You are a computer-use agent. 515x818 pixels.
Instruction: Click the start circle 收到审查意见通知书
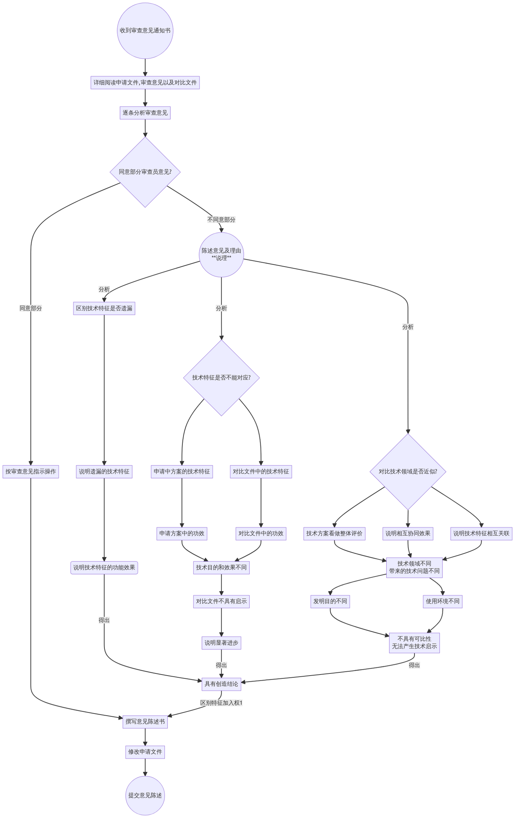coord(145,31)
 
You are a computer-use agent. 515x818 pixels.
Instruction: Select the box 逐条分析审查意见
coord(145,113)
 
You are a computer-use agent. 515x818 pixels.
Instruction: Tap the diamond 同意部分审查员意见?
coord(145,172)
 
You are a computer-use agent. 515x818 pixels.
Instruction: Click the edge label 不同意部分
coord(221,220)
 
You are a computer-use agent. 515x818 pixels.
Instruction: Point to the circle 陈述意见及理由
coord(221,255)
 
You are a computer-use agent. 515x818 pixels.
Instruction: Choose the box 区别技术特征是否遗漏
coord(104,308)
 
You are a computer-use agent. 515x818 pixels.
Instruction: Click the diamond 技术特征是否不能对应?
coord(221,378)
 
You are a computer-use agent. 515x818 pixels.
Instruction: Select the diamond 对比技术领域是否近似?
coord(408,472)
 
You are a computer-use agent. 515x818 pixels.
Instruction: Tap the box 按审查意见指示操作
coord(31,472)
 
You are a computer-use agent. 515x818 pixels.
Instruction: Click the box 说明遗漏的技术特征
coord(104,472)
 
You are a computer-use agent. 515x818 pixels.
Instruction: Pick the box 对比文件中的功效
coord(261,534)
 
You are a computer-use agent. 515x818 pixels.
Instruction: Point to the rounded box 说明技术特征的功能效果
coord(104,568)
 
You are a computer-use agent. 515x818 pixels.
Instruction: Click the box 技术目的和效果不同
coord(221,568)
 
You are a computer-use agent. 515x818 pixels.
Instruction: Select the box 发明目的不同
coord(330,602)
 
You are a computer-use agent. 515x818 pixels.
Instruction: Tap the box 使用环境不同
coord(443,602)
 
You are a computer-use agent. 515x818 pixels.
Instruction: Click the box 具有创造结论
coord(221,684)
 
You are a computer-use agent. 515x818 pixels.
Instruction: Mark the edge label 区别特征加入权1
coord(221,703)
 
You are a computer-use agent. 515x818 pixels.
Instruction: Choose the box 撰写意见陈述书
coord(145,722)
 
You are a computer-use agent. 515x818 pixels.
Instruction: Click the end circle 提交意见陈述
coord(145,795)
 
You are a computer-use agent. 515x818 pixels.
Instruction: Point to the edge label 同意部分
coord(31,308)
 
